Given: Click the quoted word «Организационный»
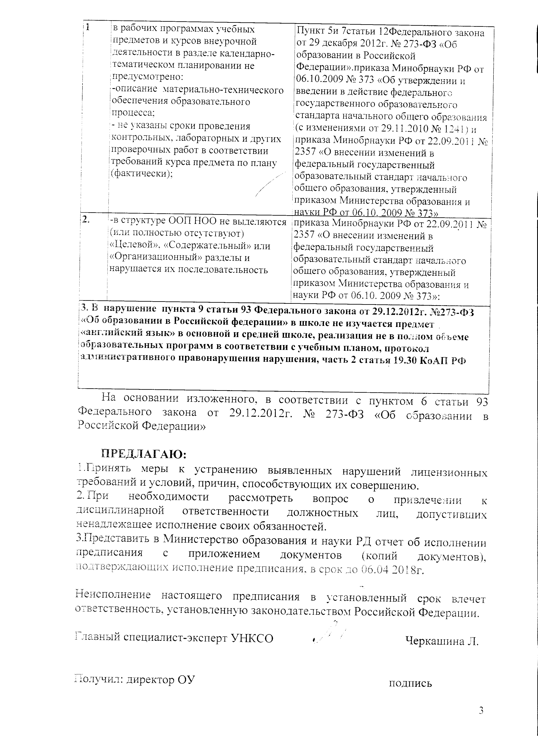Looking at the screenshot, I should pos(158,258).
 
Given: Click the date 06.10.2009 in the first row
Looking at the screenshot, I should pos(322,80).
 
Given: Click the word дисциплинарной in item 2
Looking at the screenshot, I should pos(120,511).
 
